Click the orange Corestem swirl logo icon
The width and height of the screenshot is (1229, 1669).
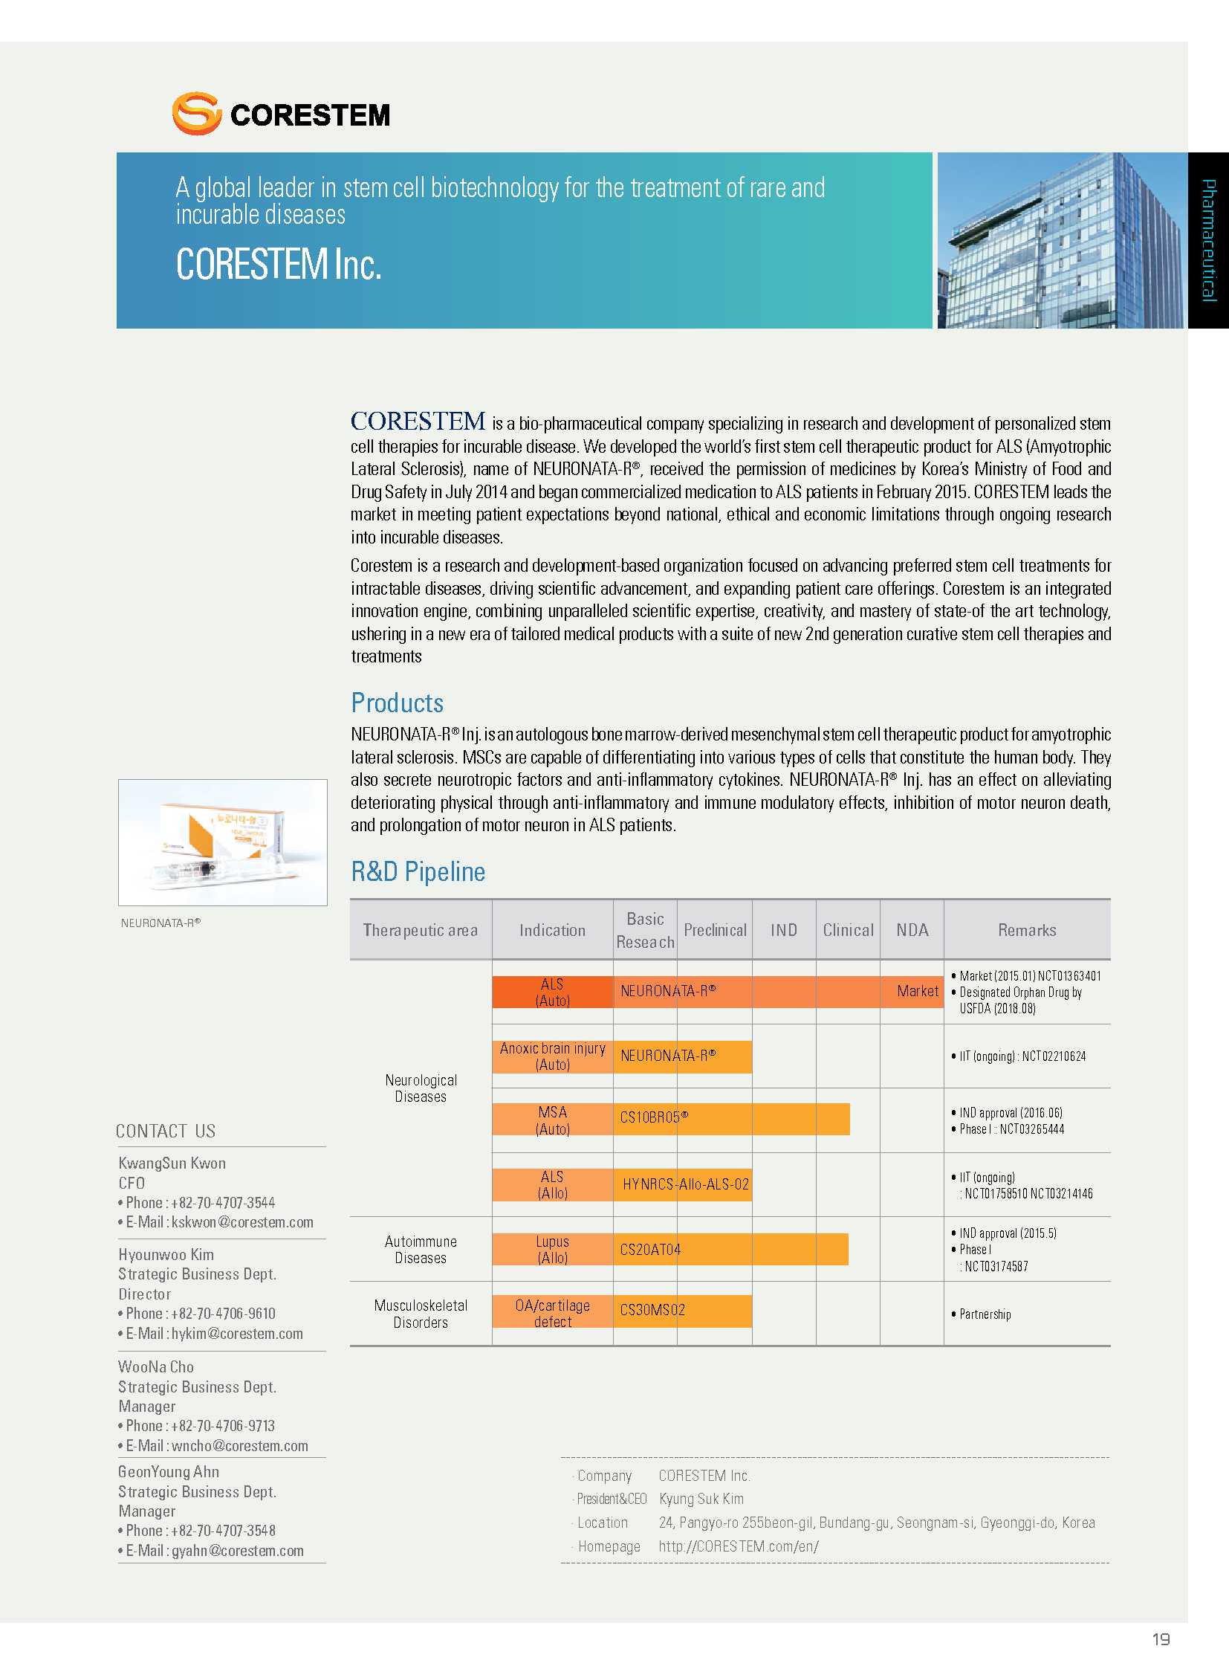(x=196, y=113)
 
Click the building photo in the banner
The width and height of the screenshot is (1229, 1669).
(x=1060, y=239)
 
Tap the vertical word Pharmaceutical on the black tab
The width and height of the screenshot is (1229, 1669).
(x=1208, y=239)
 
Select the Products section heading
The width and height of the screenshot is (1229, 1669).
(x=398, y=703)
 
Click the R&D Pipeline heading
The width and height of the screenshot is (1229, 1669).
(x=418, y=871)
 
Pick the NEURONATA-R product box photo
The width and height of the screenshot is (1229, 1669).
(x=222, y=842)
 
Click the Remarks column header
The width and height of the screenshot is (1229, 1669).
(x=1027, y=930)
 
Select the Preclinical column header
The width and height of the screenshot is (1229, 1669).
(x=715, y=930)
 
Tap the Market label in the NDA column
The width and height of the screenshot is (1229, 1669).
(x=917, y=991)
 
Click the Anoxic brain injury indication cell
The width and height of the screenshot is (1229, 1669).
(x=553, y=1056)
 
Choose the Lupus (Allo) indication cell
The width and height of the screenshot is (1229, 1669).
(x=553, y=1249)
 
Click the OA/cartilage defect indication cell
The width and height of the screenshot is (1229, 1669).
(x=553, y=1313)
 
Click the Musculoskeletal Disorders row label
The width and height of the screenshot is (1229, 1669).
(x=421, y=1313)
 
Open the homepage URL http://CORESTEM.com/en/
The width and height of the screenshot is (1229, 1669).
(x=738, y=1546)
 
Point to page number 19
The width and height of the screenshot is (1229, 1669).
(x=1161, y=1639)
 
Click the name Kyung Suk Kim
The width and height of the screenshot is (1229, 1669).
(x=701, y=1499)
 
